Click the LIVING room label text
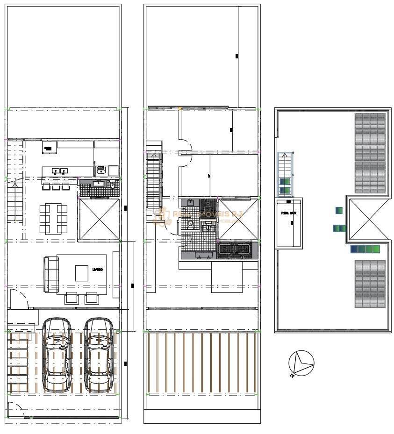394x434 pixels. [x=97, y=270]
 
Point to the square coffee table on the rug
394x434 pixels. [x=82, y=273]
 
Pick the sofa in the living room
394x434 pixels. [x=50, y=274]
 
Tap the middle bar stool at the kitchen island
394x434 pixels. [x=56, y=186]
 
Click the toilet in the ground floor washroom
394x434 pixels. [x=112, y=186]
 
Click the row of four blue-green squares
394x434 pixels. [x=365, y=249]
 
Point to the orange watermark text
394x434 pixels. [x=201, y=215]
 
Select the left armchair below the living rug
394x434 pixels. [x=72, y=297]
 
